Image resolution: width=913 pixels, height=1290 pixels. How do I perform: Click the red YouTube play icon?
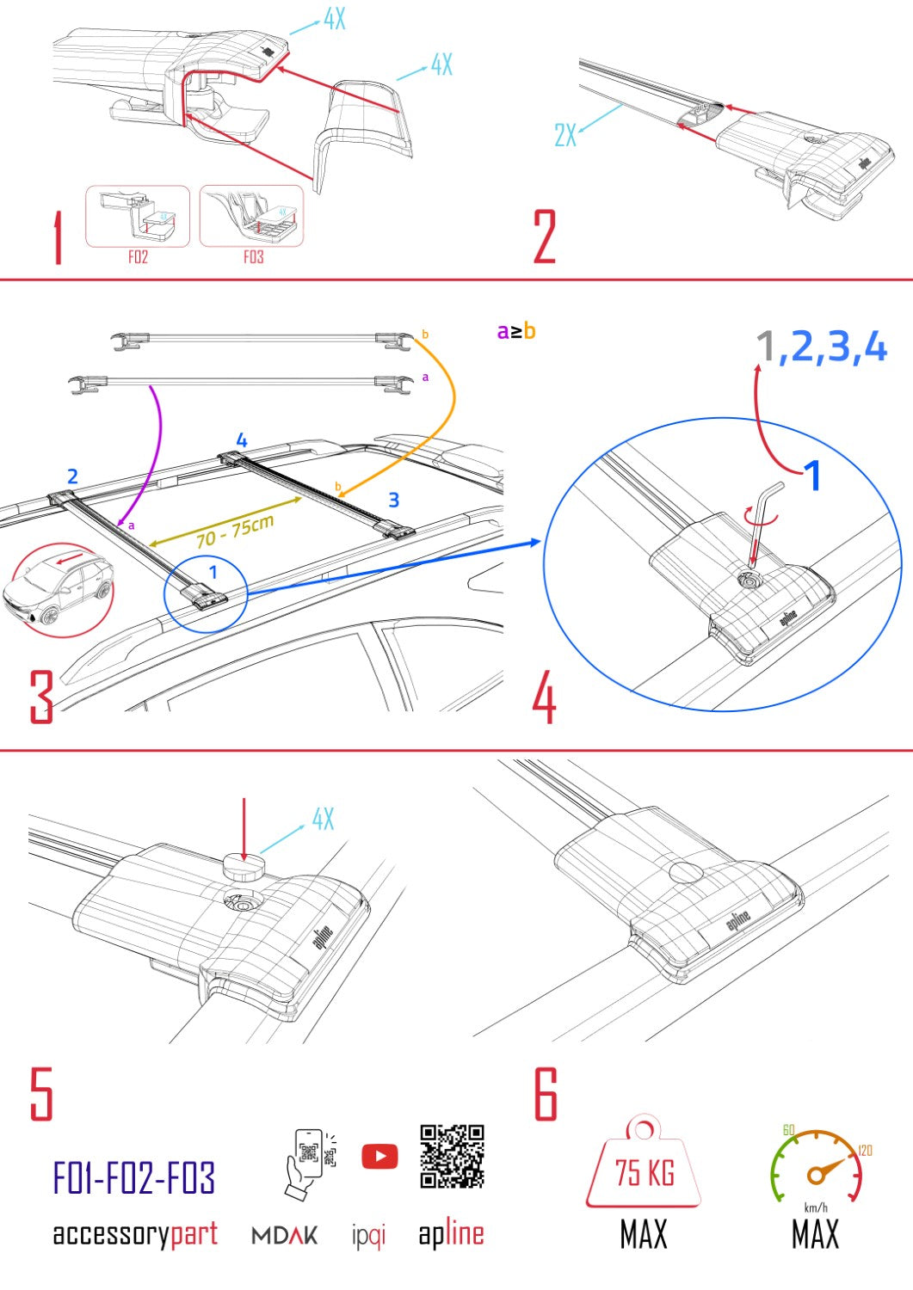[379, 1156]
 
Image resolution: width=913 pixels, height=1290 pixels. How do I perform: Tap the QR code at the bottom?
[452, 1156]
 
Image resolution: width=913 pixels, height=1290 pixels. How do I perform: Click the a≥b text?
[516, 331]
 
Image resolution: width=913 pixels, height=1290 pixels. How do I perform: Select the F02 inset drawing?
[138, 218]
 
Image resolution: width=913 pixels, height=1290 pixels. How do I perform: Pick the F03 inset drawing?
[252, 217]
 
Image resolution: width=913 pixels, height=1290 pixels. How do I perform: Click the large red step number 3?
[41, 697]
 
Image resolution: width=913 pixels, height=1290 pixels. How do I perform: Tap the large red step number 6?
[546, 1094]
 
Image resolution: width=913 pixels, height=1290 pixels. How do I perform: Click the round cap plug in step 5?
[244, 868]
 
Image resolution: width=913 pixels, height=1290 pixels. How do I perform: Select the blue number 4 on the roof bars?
[242, 440]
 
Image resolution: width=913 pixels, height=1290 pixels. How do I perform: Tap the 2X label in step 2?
[565, 135]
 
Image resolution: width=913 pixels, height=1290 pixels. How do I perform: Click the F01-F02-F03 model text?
[134, 1177]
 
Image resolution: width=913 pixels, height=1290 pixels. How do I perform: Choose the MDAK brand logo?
[285, 1236]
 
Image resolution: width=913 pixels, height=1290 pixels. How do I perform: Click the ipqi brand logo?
[368, 1236]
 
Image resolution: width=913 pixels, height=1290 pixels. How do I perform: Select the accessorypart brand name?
[135, 1234]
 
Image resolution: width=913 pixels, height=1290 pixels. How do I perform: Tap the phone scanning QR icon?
[309, 1163]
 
